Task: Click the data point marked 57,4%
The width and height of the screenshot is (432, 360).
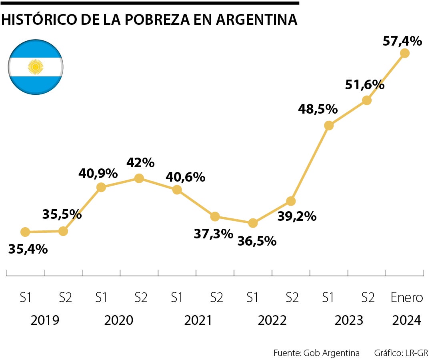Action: [404, 53]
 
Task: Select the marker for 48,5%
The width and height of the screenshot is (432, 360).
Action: [329, 126]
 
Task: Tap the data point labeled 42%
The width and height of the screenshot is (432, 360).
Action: [139, 178]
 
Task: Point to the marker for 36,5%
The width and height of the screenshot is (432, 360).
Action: [252, 223]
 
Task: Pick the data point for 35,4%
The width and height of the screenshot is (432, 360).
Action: [25, 232]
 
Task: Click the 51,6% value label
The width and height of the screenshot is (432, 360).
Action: [364, 84]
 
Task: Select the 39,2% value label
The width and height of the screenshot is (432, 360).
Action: [296, 216]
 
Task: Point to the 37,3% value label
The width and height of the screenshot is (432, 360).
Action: [213, 234]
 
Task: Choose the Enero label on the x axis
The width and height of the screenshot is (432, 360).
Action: [406, 298]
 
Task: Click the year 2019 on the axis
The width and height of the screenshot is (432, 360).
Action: [45, 320]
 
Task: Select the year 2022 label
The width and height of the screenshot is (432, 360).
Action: [272, 320]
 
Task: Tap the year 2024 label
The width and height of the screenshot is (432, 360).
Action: [406, 320]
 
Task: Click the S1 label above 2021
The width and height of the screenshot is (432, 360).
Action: [177, 298]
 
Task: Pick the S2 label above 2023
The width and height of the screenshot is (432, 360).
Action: [368, 298]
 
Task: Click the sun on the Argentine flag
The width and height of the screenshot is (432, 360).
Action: [36, 67]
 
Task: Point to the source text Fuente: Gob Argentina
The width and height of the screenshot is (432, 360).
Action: [316, 353]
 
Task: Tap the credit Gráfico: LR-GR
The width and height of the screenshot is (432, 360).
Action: [401, 353]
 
